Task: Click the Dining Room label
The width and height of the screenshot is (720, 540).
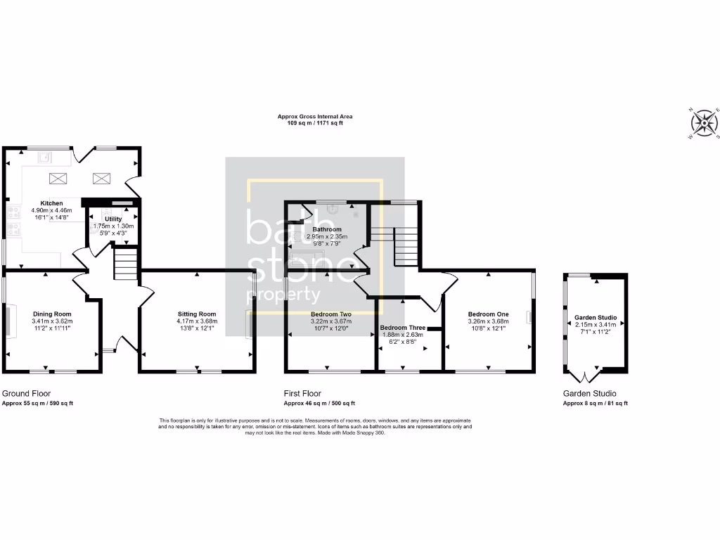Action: coord(53,314)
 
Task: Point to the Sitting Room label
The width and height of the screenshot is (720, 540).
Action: coord(197,314)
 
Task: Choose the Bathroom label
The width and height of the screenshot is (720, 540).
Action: coord(327,229)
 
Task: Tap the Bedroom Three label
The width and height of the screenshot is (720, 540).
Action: coord(402,328)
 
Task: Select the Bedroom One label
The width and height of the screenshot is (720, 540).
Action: coord(488,314)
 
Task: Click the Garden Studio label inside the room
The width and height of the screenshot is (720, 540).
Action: coord(595,317)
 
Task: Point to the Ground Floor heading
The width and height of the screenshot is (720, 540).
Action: coord(26,394)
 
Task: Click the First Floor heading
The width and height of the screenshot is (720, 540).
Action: coord(302,394)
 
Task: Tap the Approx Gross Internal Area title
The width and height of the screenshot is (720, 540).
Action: coord(315,116)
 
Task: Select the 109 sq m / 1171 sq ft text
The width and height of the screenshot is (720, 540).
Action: coord(315,123)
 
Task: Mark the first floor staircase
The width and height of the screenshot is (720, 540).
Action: coord(405,246)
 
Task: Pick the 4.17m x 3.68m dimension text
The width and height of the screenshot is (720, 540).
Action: coord(197,321)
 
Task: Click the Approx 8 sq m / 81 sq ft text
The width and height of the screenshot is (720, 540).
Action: coord(595,404)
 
